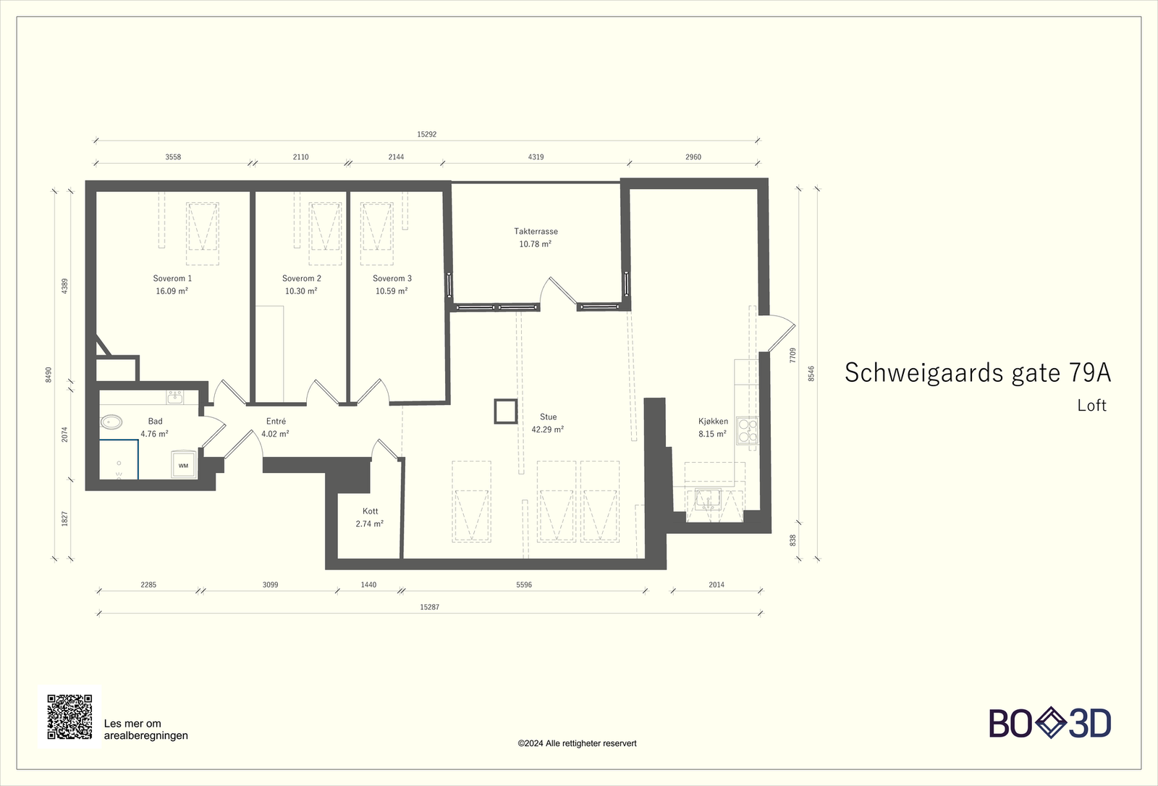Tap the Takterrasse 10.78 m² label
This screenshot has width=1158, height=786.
tap(536, 238)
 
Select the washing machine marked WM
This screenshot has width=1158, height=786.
tap(183, 465)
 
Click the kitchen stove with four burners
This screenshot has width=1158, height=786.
tap(747, 430)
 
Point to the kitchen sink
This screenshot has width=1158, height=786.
tap(708, 499)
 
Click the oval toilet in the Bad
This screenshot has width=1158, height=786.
tap(111, 421)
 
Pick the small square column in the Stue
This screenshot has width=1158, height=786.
tap(505, 411)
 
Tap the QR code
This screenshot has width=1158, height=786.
tap(69, 717)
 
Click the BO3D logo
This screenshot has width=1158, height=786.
tap(1049, 723)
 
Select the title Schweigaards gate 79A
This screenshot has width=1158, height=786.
tap(977, 372)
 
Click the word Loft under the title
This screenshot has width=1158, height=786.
tap(1091, 406)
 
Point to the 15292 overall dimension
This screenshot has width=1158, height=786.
tap(427, 135)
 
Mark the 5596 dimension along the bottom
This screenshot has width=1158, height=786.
tap(524, 585)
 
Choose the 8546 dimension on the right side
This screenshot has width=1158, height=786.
tap(811, 373)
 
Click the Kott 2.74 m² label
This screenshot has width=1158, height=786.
tap(370, 517)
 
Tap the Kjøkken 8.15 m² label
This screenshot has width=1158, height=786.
tap(713, 427)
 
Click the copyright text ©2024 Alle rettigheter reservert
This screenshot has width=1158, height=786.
tap(577, 743)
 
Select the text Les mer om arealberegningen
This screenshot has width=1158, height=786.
tap(145, 729)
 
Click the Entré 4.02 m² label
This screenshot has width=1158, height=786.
tap(275, 427)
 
